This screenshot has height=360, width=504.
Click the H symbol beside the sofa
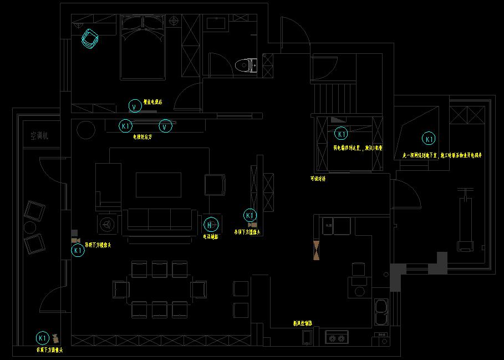211,225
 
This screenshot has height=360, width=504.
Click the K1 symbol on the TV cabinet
126,126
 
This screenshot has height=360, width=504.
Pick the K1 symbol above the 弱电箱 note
341,134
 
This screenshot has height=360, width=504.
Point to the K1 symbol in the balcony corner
43,337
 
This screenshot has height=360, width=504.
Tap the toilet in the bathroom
246,65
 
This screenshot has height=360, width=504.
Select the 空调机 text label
39,135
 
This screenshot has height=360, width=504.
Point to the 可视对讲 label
318,179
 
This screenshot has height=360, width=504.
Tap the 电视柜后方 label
142,136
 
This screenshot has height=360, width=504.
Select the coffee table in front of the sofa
159,184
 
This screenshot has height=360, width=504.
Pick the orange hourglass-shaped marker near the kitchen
317,250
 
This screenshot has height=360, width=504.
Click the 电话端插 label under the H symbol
211,236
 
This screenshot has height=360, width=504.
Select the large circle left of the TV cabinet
86,130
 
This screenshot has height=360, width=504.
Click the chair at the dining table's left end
120,289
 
